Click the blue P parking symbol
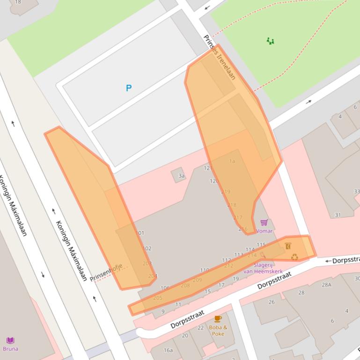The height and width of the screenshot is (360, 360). pyautogui.click(x=129, y=88)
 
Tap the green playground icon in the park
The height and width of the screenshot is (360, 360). pyautogui.click(x=270, y=41)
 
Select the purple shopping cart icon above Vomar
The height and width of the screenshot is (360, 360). pyautogui.click(x=264, y=223)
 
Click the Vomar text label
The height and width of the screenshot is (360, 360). pyautogui.click(x=264, y=231)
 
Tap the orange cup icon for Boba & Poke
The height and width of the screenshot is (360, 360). pyautogui.click(x=218, y=319)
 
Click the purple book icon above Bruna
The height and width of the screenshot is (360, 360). pyautogui.click(x=10, y=340)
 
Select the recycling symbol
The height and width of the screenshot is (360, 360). pyautogui.click(x=294, y=257)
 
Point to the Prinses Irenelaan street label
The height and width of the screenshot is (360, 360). pyautogui.click(x=220, y=57)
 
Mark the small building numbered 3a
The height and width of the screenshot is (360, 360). pyautogui.click(x=181, y=176)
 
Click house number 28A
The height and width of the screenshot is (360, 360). pyautogui.click(x=326, y=284)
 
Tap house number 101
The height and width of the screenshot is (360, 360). pyautogui.click(x=140, y=233)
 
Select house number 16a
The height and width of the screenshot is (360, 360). pyautogui.click(x=168, y=350)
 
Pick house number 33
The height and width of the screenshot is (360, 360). pyautogui.click(x=357, y=192)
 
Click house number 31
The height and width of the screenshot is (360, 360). pyautogui.click(x=338, y=215)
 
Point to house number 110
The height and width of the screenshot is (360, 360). pyautogui.click(x=205, y=270)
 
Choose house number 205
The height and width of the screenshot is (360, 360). pyautogui.click(x=158, y=298)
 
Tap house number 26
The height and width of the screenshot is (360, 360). pyautogui.click(x=272, y=302)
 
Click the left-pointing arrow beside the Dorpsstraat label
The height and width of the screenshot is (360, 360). pyautogui.click(x=328, y=260)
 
